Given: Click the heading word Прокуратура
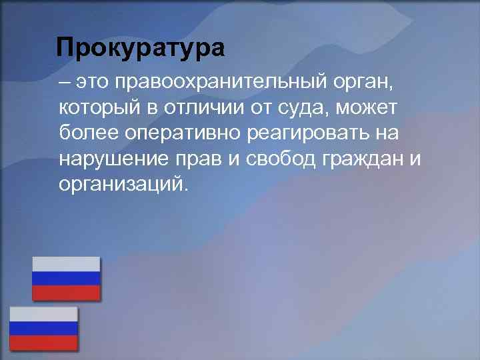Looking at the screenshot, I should pos(141,48).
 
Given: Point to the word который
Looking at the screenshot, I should pos(98,107).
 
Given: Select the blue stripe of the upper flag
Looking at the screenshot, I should pos(67,278).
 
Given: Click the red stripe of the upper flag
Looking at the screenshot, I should pos(67,293).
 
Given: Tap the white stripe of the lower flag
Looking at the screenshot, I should pos(43,314).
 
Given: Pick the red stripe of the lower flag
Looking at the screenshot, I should pos(43,343).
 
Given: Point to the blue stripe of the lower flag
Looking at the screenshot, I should pos(43,328).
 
